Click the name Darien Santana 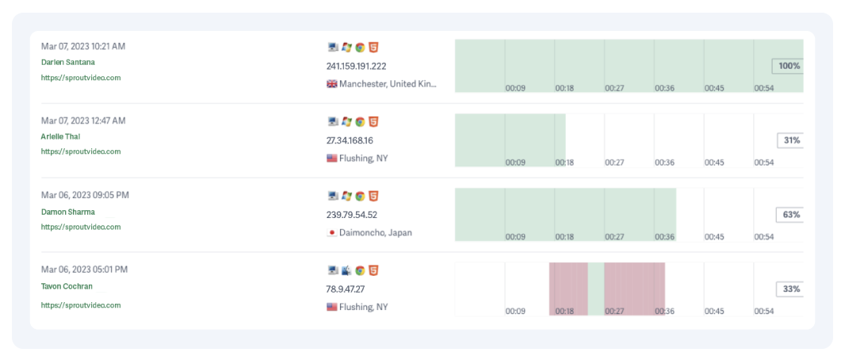point(68,62)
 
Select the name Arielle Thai point(60,136)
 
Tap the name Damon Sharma point(68,212)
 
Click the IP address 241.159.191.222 point(356,66)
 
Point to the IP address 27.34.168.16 point(350,140)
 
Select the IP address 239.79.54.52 point(352,215)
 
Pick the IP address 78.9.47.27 point(346,289)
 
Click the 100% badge point(789,66)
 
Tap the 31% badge point(791,140)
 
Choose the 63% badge point(791,215)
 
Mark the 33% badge point(791,289)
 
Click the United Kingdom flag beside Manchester point(332,84)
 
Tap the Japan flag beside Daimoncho point(332,233)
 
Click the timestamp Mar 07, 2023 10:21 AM point(83,46)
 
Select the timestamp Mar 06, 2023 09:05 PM point(85,195)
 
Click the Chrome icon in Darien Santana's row point(360,48)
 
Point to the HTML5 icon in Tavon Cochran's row point(373,271)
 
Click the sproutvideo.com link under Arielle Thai point(81,151)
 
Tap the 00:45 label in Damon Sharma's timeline point(714,236)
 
